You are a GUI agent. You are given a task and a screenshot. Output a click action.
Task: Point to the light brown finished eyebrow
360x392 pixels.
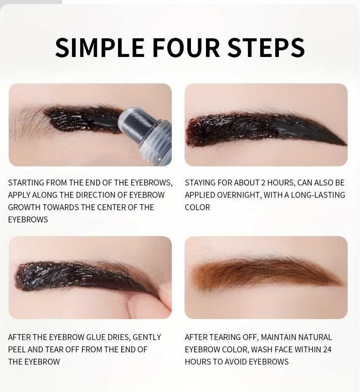264,273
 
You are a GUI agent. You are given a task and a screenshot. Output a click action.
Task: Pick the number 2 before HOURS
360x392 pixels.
263,183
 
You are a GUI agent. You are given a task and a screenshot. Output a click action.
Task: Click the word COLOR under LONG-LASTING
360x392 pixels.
197,207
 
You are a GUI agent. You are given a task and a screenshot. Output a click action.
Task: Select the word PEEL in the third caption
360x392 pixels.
17,350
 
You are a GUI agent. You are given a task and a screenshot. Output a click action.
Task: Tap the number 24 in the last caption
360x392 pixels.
327,350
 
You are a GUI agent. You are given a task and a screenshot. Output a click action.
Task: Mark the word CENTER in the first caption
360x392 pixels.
119,207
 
